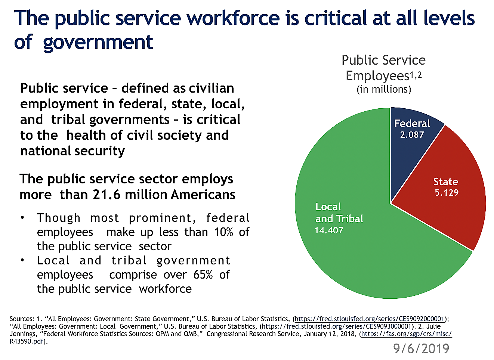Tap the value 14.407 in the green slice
coord(329,230)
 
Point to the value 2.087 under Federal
coord(412,135)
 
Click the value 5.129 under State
coord(447,193)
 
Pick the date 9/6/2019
coord(421,348)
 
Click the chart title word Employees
coord(377,76)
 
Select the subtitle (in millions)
coord(384,89)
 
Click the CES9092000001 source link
coord(370,319)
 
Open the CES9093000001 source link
coord(337,326)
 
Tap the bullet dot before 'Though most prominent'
coord(23,217)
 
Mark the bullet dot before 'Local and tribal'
coord(23,260)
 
